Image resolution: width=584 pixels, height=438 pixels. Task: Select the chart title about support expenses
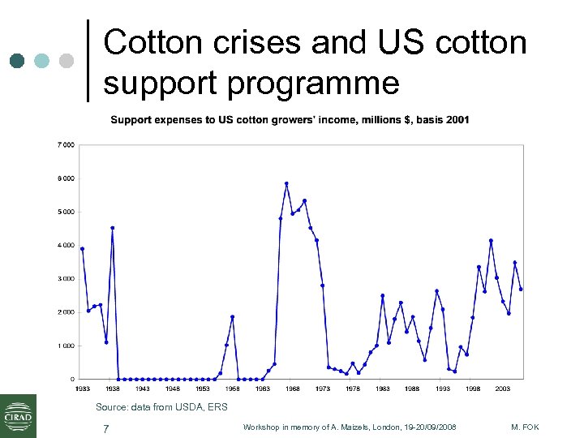[x=290, y=120]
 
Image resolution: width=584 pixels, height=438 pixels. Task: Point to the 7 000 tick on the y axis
[x=65, y=144]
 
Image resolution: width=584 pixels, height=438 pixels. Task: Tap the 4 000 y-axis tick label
[x=65, y=245]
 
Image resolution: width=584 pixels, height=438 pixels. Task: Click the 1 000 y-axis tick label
[x=65, y=346]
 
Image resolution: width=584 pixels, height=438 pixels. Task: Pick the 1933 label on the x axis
[x=83, y=389]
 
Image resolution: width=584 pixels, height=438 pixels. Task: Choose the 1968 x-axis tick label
[x=292, y=389]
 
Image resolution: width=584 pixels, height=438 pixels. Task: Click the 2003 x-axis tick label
[x=502, y=389]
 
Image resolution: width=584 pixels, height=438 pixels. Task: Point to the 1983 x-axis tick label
[x=382, y=389]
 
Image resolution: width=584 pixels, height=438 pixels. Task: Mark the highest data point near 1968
[x=286, y=183]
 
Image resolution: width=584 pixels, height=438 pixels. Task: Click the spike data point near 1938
[x=113, y=228]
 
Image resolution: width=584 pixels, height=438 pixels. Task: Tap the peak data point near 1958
[x=232, y=316]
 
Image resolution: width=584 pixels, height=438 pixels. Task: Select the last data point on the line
[x=521, y=289]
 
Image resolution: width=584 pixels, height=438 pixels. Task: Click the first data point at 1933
[x=83, y=248]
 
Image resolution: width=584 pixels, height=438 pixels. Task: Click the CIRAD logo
[x=18, y=415]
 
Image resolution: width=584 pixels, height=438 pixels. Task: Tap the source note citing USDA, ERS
[x=161, y=406]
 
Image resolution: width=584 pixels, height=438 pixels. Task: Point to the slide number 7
[x=105, y=428]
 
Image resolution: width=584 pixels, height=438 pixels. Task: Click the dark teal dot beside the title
[x=18, y=61]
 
